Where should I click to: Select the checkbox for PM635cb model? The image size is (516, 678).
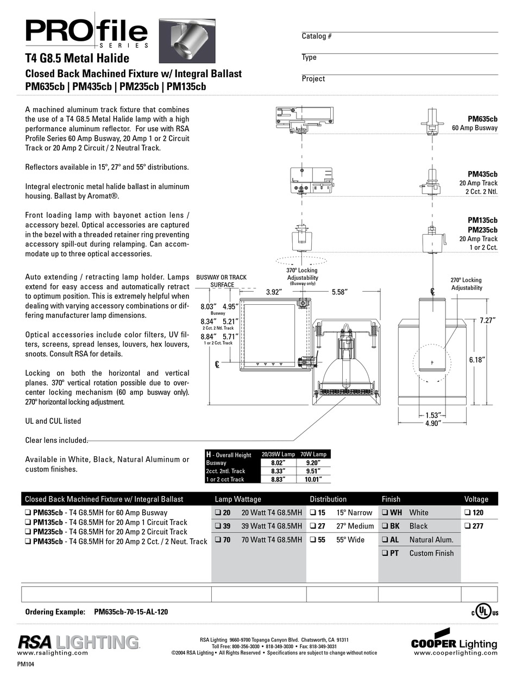[28, 512]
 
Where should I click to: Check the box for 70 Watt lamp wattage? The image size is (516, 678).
[218, 540]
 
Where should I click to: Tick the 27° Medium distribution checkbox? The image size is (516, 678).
[313, 526]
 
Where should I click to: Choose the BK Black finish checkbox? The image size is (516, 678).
[384, 526]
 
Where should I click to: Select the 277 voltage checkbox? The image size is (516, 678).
[468, 526]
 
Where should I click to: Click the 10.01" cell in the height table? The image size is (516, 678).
[314, 479]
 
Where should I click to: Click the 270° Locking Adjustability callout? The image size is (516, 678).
[466, 284]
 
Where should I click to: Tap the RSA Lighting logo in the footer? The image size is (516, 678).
[79, 643]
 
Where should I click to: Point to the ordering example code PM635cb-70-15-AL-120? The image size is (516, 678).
[131, 612]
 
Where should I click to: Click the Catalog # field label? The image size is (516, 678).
[317, 36]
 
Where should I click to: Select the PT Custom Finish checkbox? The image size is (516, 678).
[384, 554]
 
